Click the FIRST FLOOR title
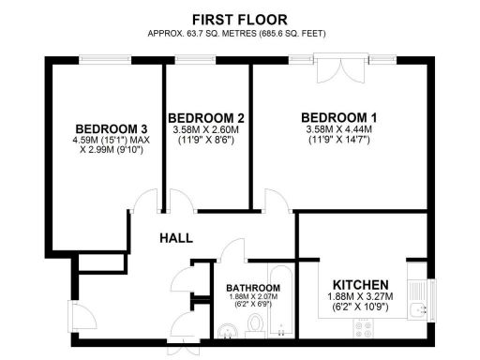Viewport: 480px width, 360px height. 239,19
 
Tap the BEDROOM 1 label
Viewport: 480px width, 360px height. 337,117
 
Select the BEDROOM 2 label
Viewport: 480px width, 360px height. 208,117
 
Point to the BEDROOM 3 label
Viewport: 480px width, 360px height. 112,128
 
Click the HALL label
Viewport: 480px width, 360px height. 178,239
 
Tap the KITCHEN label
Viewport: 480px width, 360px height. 361,285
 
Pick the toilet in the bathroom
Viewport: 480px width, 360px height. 254,327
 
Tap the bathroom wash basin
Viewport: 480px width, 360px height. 230,330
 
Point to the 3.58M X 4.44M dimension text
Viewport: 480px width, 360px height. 337,129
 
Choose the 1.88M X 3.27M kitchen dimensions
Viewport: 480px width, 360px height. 361,299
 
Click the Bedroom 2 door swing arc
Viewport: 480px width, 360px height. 180,201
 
